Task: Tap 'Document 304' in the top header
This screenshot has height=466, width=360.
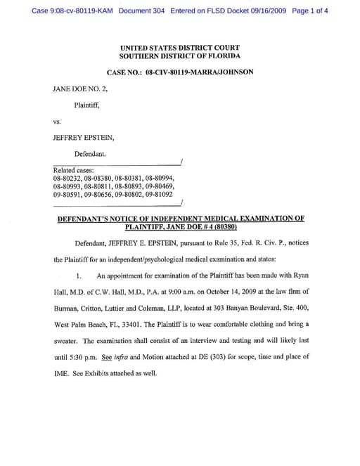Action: click(146, 11)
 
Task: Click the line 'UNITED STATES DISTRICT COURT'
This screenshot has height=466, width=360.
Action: click(179, 48)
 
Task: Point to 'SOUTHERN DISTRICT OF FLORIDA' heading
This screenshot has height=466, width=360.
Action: click(179, 56)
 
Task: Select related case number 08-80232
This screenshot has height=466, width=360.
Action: click(66, 179)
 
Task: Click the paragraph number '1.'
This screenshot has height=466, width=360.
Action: click(79, 276)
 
